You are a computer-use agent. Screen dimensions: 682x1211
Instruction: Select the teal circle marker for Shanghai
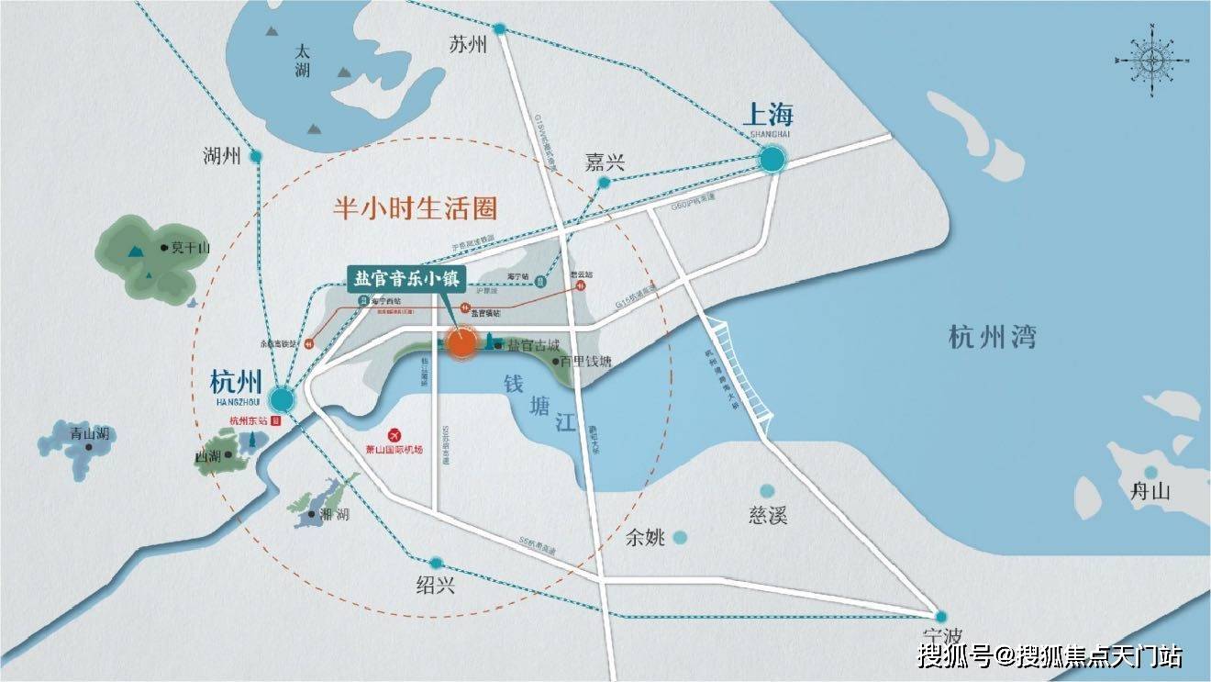(x=772, y=160)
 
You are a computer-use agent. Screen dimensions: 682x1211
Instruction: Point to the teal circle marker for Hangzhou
(x=282, y=399)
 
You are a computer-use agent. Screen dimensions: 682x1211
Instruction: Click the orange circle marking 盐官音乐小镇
(x=461, y=343)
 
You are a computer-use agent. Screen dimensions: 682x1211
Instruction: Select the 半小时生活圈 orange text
(x=415, y=208)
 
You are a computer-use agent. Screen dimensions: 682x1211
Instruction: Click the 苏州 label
(x=468, y=44)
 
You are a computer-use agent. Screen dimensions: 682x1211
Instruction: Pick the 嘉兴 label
(x=605, y=162)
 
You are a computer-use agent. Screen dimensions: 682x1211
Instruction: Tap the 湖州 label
(x=222, y=156)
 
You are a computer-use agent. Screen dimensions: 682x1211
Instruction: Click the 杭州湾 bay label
(x=993, y=337)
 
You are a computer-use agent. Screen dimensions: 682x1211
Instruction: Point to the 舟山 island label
(x=1150, y=490)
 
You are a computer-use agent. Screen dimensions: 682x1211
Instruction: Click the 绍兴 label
(x=435, y=585)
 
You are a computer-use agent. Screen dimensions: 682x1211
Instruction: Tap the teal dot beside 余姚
(x=680, y=538)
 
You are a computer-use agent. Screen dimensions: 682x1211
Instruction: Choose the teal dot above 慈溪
(x=767, y=492)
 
